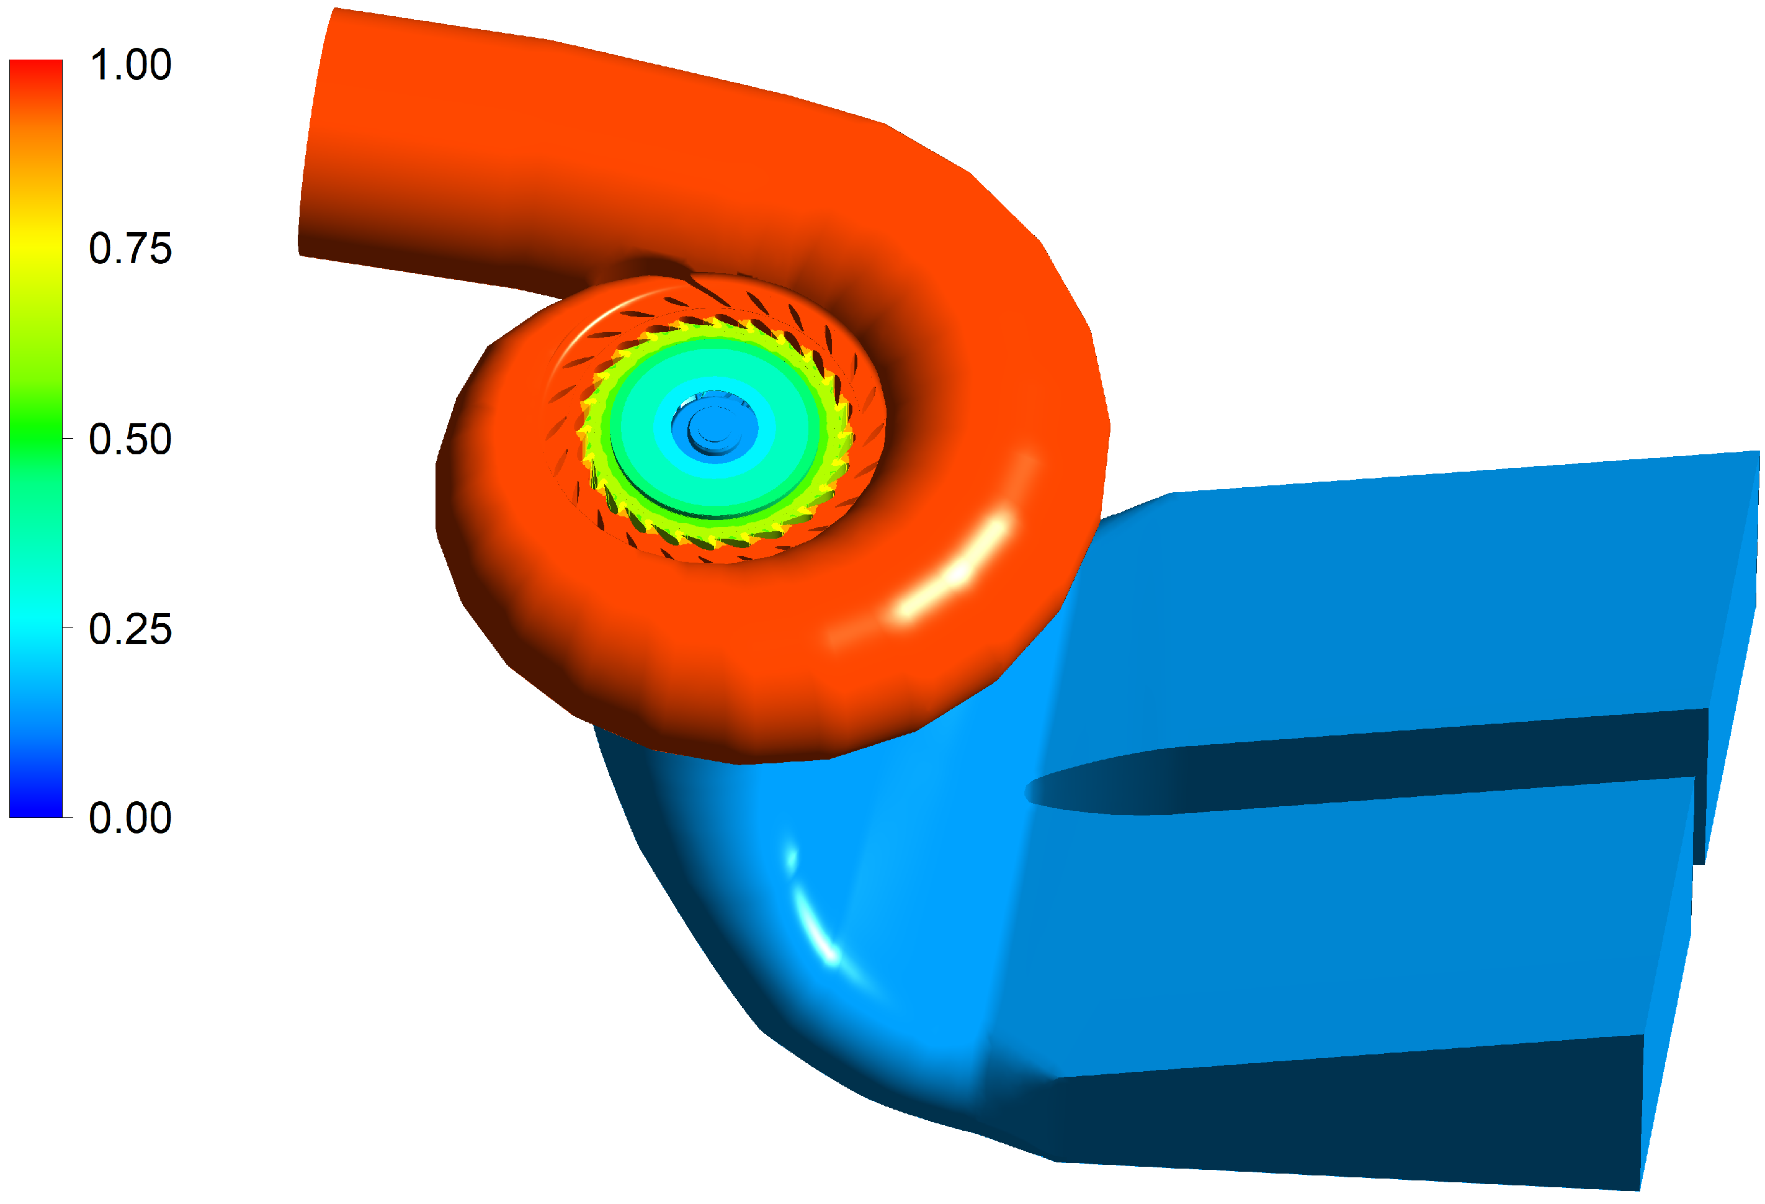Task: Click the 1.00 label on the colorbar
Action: pos(130,65)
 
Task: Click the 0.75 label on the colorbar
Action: pos(130,248)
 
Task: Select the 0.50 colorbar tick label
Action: pos(130,439)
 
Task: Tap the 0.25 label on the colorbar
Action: pos(130,629)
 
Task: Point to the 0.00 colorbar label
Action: pos(130,818)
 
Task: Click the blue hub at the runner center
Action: pos(712,428)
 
